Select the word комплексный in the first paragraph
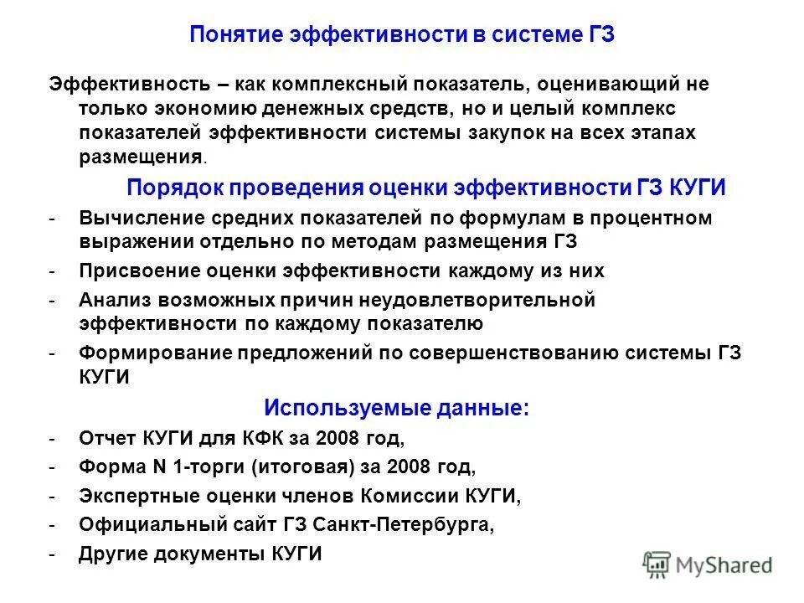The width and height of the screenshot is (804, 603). pos(332,84)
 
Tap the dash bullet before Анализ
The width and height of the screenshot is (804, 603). pos(52,300)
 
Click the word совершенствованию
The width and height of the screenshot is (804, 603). pos(504,353)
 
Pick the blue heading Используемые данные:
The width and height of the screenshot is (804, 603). pos(396,408)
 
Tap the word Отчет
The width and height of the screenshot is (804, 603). pos(108,438)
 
